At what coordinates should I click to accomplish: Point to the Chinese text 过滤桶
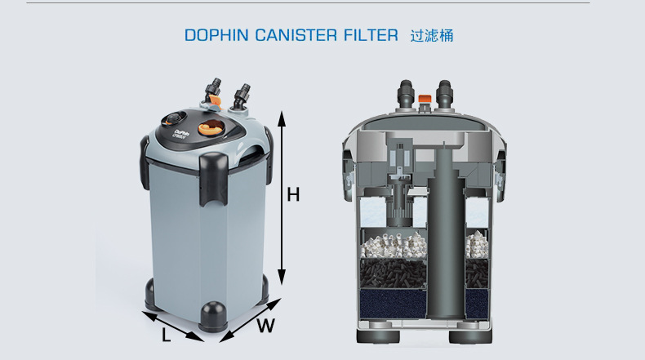coord(430,36)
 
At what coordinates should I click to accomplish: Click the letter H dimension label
coord(293,195)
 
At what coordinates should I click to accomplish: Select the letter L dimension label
coord(167,335)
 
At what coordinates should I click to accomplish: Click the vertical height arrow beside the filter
coord(282,196)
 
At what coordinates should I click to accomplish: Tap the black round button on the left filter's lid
coord(174,117)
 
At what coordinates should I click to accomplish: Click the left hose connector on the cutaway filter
coord(406,94)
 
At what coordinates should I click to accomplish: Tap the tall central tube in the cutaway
coord(443,229)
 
